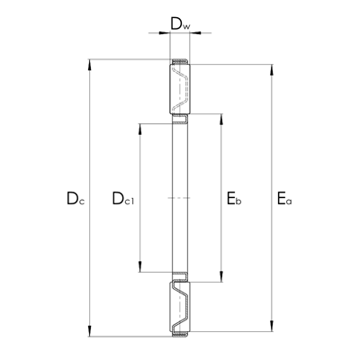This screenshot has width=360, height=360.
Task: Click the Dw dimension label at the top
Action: click(x=180, y=24)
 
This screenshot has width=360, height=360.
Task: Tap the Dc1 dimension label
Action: click(x=121, y=198)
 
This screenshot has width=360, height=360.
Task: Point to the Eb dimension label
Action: click(x=234, y=198)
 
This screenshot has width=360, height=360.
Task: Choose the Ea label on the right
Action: click(x=284, y=198)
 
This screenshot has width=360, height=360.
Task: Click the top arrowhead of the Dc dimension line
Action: click(x=88, y=65)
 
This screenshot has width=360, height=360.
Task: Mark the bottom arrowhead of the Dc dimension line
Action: click(x=88, y=333)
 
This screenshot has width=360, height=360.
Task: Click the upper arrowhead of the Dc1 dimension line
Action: click(x=139, y=122)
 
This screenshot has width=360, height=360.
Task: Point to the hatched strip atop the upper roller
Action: click(x=180, y=64)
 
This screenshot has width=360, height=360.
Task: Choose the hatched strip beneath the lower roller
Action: click(x=180, y=336)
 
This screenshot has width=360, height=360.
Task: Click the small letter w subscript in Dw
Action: click(x=186, y=27)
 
